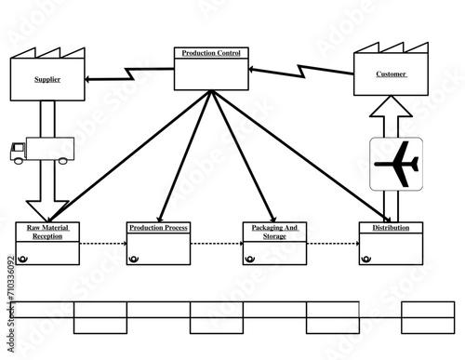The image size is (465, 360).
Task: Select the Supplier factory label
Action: [x=47, y=80]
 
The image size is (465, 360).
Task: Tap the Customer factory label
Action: [x=391, y=74]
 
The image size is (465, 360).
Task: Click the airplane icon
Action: [x=396, y=164]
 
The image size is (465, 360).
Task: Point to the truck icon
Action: [x=41, y=152]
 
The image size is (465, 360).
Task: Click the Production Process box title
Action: [x=158, y=228]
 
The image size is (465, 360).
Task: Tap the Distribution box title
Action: [x=391, y=228]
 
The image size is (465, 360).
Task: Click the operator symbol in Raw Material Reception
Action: [x=22, y=260]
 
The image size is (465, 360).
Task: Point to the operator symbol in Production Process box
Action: [x=134, y=260]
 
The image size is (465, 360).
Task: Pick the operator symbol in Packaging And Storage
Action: [x=249, y=260]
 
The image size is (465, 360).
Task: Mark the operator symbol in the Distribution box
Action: [x=365, y=260]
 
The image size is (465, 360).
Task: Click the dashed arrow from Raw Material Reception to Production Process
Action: [x=102, y=245]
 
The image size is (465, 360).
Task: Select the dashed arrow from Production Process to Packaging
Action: [x=216, y=245]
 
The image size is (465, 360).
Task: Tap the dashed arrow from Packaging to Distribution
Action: [x=332, y=245]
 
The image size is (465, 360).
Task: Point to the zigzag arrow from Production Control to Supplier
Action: [x=130, y=73]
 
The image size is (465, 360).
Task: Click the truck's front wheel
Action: [x=18, y=162]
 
